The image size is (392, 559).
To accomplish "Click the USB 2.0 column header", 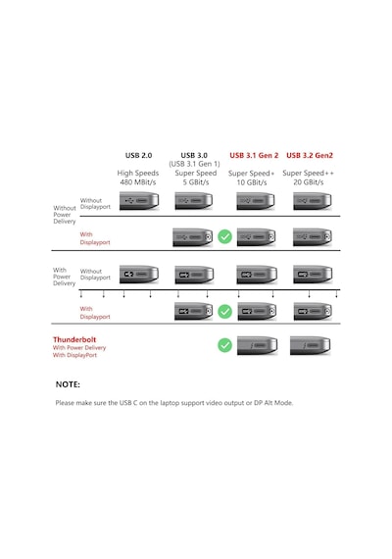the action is tap(138, 155).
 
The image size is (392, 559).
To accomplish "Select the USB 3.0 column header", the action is tap(194, 155).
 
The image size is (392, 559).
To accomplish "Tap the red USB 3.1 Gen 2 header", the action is tap(254, 155).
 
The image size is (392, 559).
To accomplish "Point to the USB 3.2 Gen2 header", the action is tap(310, 155).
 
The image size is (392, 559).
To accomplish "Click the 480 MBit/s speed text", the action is tap(138, 182).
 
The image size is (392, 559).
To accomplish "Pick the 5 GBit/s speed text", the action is tap(196, 182).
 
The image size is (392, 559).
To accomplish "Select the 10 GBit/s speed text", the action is tap(252, 182).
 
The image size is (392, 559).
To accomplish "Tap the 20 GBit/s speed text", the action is tap(309, 182).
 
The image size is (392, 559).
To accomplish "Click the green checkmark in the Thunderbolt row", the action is tap(224, 345).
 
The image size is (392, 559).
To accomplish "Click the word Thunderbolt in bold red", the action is tap(74, 339).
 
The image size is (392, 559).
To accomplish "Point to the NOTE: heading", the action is tap(68, 384).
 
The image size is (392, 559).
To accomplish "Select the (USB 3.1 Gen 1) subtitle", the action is tap(194, 164).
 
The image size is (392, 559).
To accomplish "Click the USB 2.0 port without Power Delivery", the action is tap(139, 201).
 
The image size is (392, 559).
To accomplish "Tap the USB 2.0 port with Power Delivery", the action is tap(139, 275).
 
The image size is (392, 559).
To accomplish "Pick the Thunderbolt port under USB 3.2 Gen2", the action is tap(310, 345).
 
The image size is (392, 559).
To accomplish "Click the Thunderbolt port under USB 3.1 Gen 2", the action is tap(258, 345).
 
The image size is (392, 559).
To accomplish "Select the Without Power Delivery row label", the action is tap(65, 215).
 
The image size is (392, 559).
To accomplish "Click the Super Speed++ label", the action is tap(309, 174).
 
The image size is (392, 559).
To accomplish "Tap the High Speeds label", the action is tap(138, 173).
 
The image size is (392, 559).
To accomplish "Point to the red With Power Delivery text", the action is tap(79, 347).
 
